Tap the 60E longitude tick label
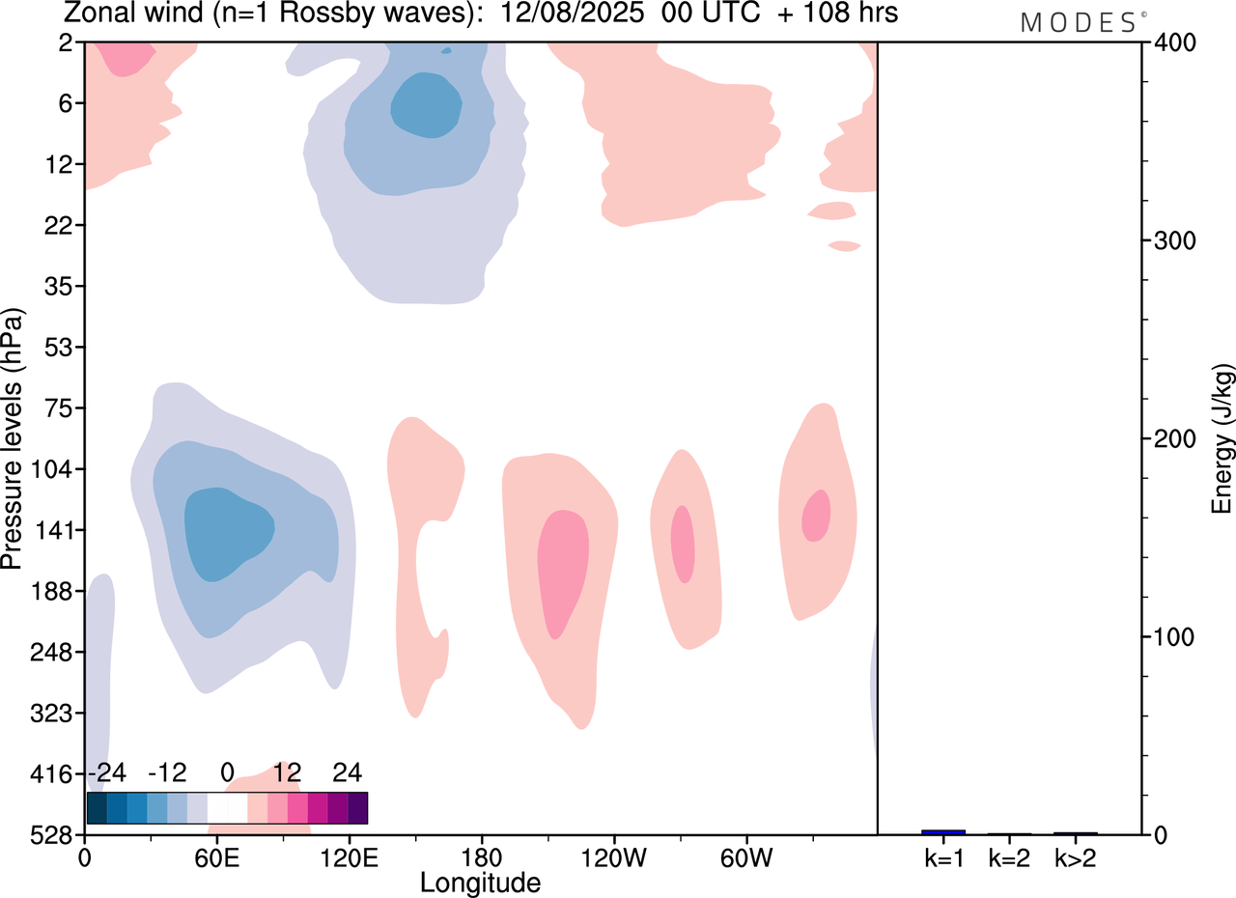point(216,856)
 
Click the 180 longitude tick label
point(481,856)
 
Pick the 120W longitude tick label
point(613,856)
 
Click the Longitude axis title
point(480,882)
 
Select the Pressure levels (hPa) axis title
point(13,439)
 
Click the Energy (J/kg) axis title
point(1223,439)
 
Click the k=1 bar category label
point(943,856)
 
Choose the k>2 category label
point(1075,856)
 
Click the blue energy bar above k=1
point(943,831)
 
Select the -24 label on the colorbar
point(106,772)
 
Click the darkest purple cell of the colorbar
point(357,807)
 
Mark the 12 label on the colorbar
point(288,772)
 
